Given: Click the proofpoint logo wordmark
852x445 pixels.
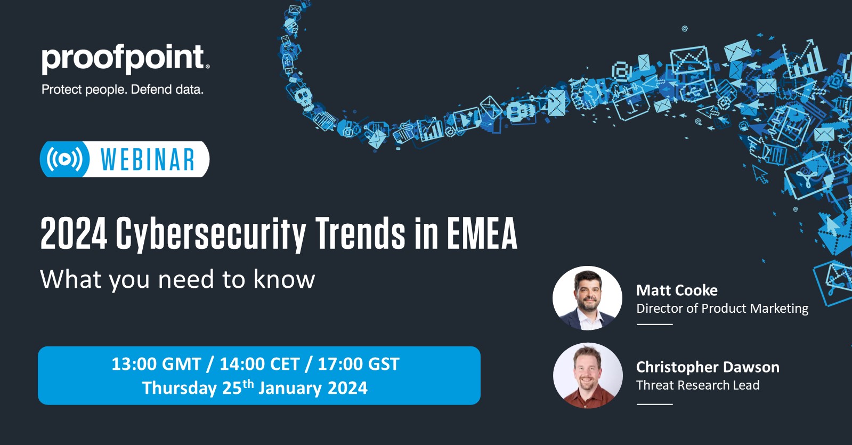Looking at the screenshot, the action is pos(125,59).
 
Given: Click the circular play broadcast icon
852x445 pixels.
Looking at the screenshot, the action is pos(64,159).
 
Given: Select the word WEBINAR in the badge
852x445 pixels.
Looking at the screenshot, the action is pos(148,159).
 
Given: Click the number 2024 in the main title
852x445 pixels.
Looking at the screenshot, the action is pos(74,233).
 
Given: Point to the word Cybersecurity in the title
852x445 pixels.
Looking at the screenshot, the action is pos(211,234).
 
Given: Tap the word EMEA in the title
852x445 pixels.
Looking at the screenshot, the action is pos(482,233).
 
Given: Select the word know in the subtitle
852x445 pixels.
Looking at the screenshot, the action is pos(284,279).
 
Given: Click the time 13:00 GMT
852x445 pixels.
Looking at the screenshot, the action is pos(156,364).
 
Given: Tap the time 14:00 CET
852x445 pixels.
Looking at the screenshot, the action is pos(260,364).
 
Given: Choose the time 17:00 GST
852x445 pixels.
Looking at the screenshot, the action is pos(359,364).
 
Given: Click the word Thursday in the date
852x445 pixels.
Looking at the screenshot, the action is pos(180,389).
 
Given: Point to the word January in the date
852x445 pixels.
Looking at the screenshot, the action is pos(290,389).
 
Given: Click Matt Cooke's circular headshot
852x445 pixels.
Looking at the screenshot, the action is pos(588,298).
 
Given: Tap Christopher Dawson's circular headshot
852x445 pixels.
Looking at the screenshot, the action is pos(588,376).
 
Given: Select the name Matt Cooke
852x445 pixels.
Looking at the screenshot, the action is pos(677,290).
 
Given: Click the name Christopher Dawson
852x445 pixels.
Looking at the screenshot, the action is pos(708,367).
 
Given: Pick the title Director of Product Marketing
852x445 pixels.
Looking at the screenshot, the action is pos(723,309).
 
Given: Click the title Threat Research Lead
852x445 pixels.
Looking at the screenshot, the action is pos(697,385).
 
